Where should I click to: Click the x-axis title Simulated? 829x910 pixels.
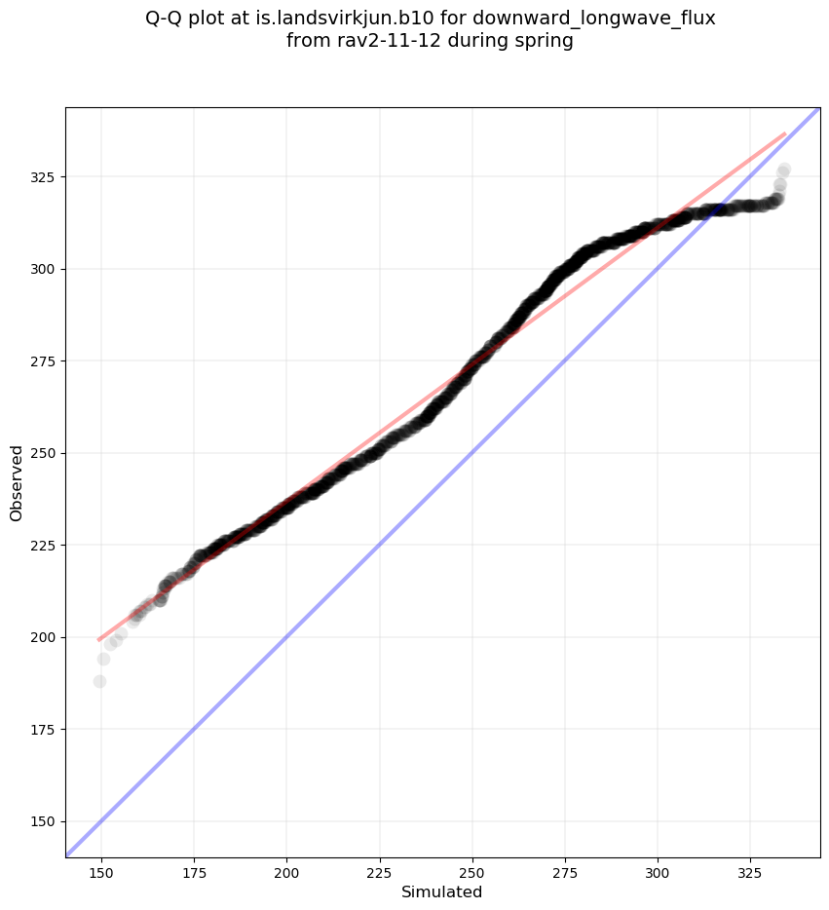(442, 891)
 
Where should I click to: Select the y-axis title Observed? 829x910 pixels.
(17, 482)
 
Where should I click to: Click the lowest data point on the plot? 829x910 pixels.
(99, 681)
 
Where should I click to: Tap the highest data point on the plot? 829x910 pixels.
(783, 170)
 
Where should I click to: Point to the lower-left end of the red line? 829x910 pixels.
(98, 640)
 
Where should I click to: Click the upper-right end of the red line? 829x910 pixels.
(785, 133)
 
